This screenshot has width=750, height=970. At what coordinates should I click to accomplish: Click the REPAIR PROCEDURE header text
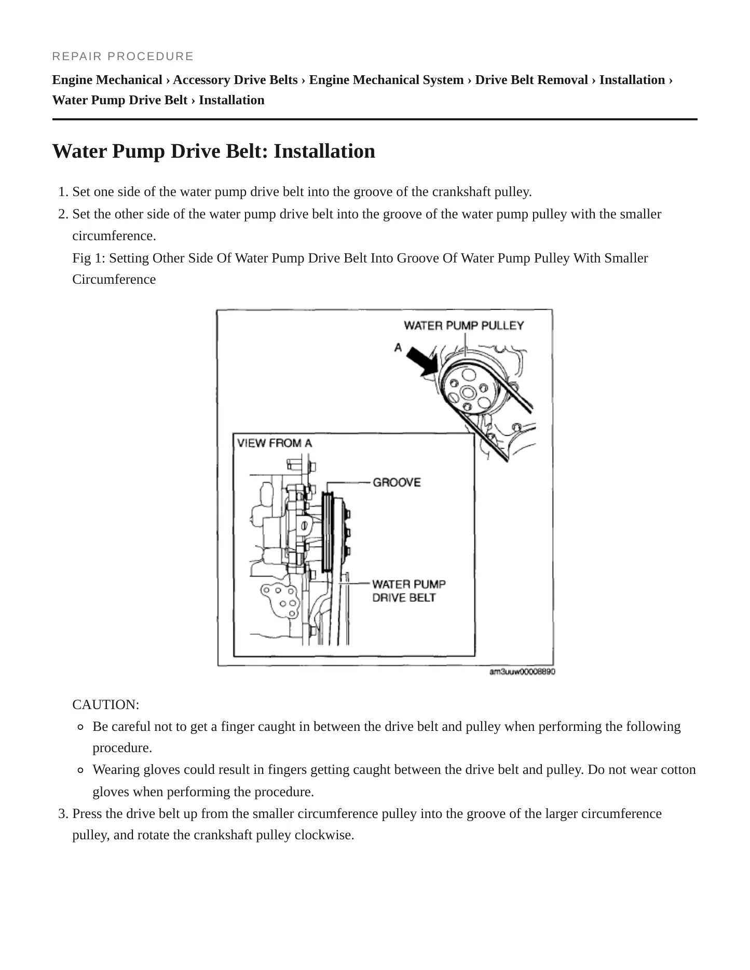123,56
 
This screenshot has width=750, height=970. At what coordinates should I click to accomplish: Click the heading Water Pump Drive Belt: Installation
214,151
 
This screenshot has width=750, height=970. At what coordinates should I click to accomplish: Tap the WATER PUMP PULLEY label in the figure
464,325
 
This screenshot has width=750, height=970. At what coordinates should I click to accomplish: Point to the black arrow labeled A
422,361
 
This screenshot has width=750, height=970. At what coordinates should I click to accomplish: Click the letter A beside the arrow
398,347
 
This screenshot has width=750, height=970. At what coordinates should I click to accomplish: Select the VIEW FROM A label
275,443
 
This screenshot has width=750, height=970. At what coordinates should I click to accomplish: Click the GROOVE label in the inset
397,482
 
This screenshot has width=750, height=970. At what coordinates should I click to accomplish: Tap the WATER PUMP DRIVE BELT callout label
408,591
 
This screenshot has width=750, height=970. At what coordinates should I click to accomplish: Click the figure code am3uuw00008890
522,672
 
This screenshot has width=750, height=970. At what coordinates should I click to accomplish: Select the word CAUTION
106,704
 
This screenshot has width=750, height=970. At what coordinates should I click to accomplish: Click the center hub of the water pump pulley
468,392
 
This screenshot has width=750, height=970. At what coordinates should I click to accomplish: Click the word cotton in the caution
678,770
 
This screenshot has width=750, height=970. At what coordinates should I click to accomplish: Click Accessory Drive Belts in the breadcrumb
235,80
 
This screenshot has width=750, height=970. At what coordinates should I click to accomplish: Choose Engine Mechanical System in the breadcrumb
386,80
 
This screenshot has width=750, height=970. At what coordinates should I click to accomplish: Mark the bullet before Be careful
80,727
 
